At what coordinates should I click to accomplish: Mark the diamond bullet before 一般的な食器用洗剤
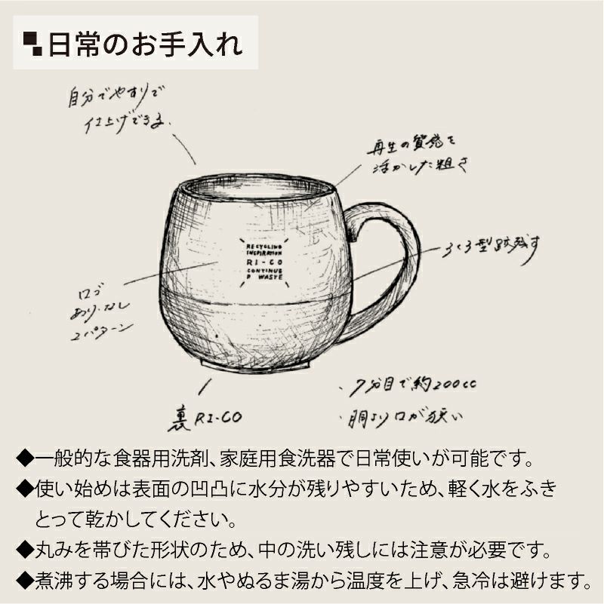click(x=26, y=458)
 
